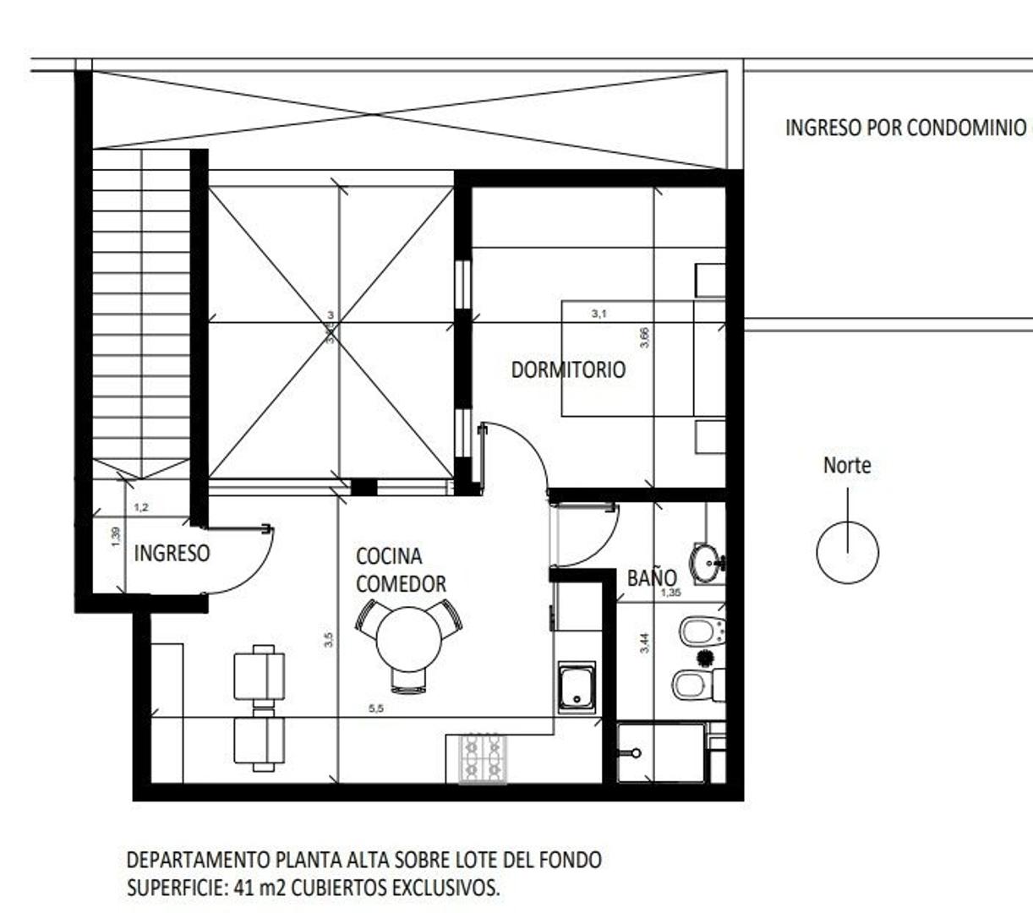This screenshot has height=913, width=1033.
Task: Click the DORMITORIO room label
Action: [568, 369]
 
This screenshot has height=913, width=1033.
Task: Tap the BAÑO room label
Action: [651, 577]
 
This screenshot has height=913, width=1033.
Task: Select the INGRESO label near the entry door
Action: [172, 553]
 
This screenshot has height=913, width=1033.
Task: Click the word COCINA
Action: [388, 556]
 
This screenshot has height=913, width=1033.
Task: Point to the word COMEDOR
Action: [401, 584]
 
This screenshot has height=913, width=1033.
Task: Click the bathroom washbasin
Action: [706, 562]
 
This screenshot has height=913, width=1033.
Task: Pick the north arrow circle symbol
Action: [847, 553]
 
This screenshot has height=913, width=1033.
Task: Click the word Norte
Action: [846, 465]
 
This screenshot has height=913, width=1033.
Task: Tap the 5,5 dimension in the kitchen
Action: [376, 708]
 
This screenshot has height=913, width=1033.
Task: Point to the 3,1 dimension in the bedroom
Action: [598, 314]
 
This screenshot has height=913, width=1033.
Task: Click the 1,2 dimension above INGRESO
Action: [141, 507]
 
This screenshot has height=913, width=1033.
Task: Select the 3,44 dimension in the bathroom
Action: [645, 643]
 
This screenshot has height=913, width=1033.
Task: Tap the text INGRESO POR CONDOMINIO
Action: [905, 128]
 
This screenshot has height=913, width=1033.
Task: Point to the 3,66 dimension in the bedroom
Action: [645, 337]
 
